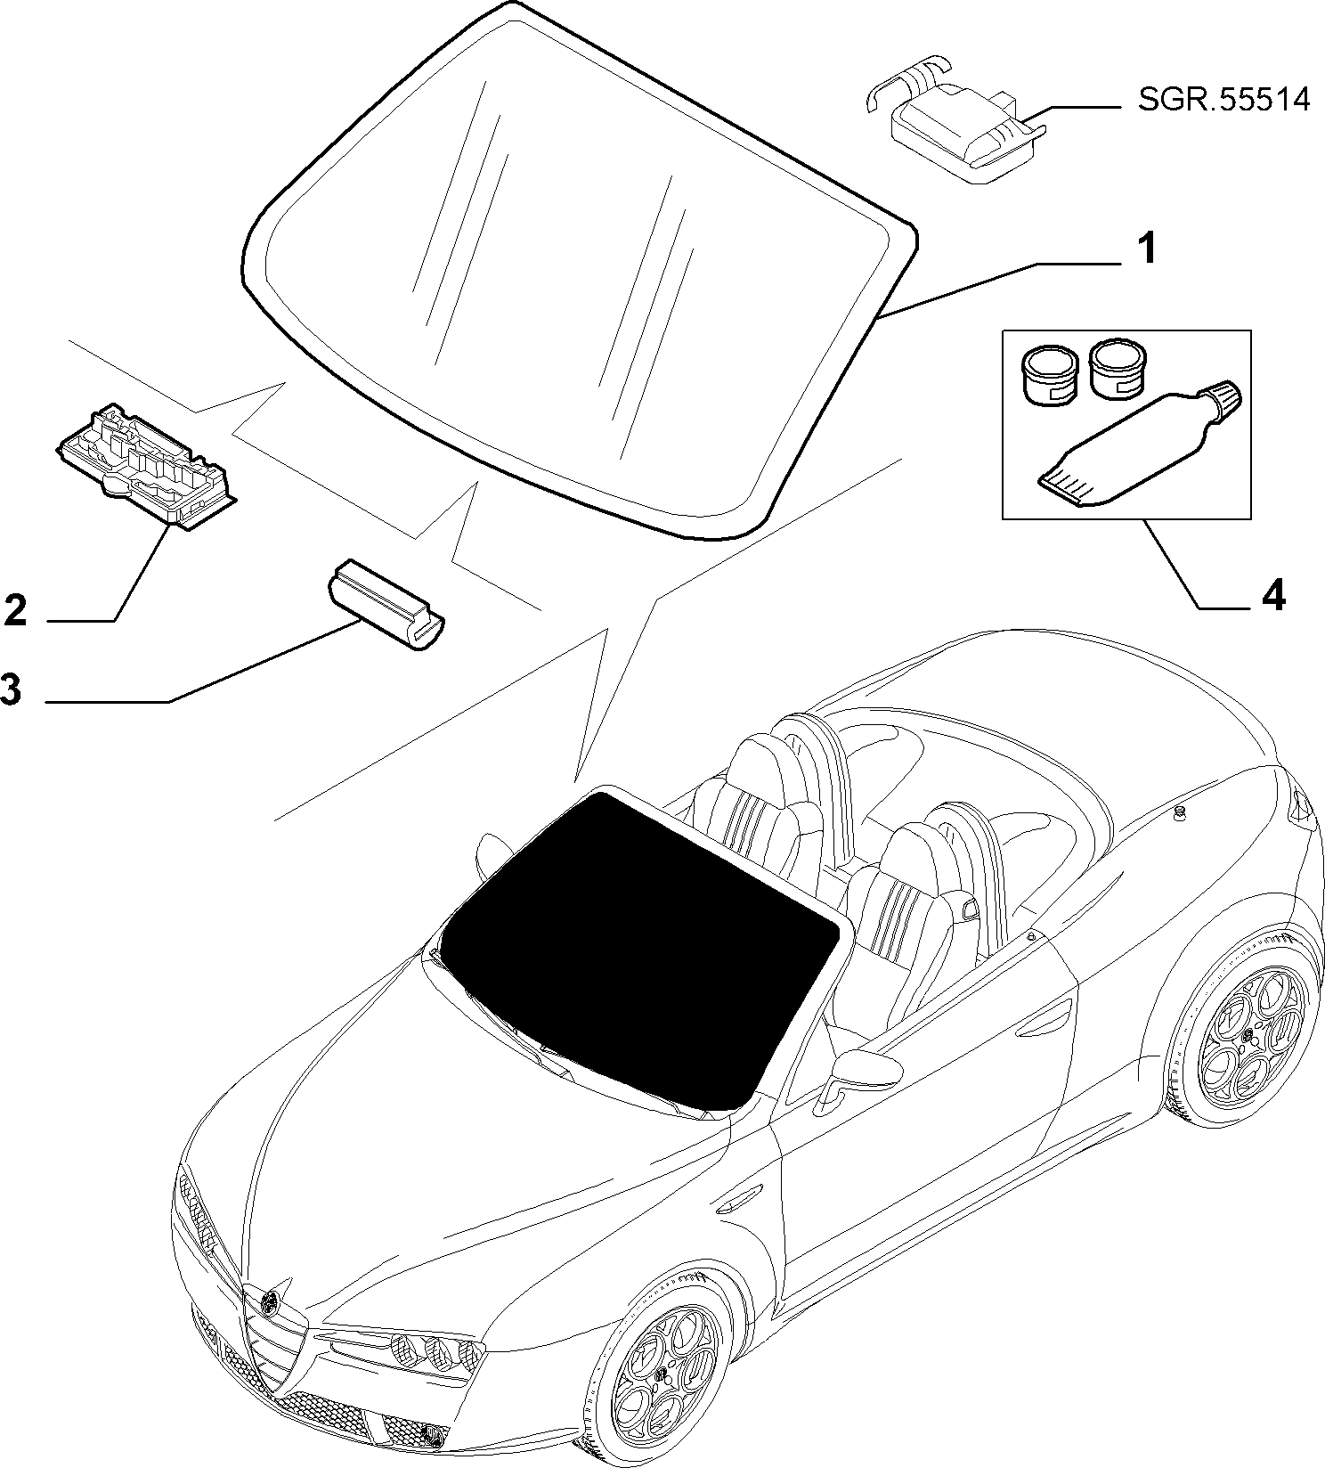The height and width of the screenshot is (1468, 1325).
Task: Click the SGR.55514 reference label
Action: point(1224,100)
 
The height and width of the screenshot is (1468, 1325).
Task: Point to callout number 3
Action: point(11,689)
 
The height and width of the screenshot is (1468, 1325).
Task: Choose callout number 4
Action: point(1273,594)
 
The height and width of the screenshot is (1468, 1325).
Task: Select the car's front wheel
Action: point(660,1372)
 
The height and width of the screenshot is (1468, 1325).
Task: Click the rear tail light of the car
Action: point(1304,806)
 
